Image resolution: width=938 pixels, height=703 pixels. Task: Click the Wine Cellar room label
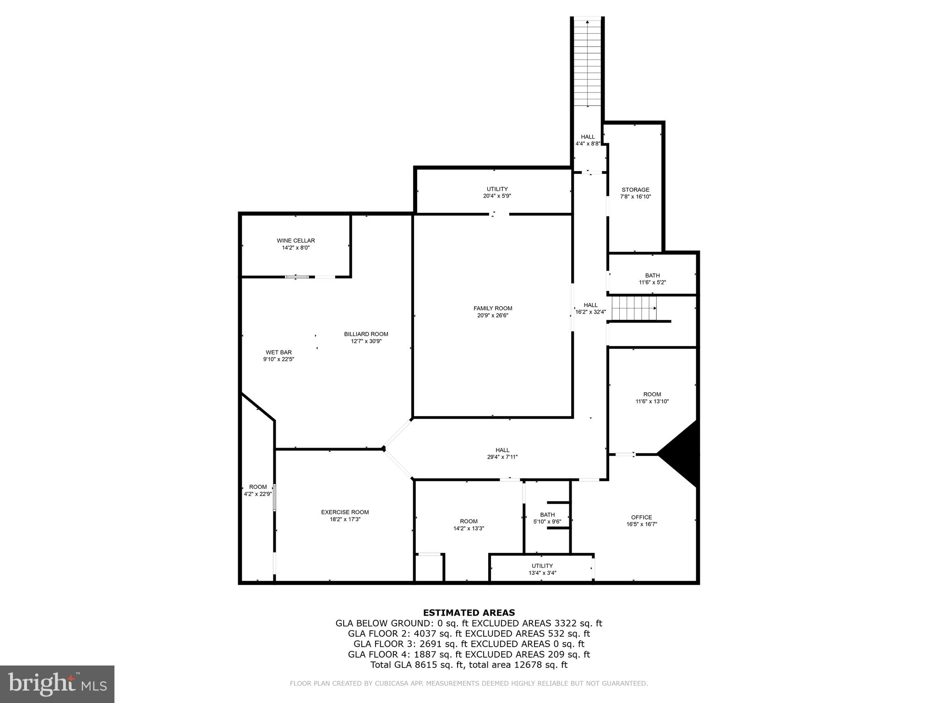tap(295, 241)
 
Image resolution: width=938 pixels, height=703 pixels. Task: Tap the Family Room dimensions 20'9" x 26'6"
tap(492, 315)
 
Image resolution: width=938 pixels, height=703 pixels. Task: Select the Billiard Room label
tap(366, 334)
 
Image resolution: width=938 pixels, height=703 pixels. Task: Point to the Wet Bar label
tap(278, 352)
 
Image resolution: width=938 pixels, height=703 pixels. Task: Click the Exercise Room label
tap(344, 512)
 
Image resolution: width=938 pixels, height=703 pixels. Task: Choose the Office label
tap(641, 517)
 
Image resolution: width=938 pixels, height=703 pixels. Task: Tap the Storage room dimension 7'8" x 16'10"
tap(635, 197)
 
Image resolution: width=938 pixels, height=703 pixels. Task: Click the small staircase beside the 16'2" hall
tap(634, 308)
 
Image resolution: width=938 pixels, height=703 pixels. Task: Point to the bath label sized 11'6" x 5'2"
tap(652, 276)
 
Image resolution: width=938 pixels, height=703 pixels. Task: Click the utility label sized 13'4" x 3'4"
tap(542, 566)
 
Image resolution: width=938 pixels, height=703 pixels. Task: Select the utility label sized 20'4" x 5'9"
tap(497, 189)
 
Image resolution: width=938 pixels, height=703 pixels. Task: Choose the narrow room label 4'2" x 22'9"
tap(258, 487)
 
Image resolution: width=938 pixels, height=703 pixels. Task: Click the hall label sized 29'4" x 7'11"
tap(502, 450)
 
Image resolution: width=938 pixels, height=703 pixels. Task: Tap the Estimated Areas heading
tap(469, 612)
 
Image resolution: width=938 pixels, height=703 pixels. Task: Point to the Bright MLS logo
tap(57, 684)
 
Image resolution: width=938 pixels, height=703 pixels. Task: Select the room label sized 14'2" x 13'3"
tap(469, 521)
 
